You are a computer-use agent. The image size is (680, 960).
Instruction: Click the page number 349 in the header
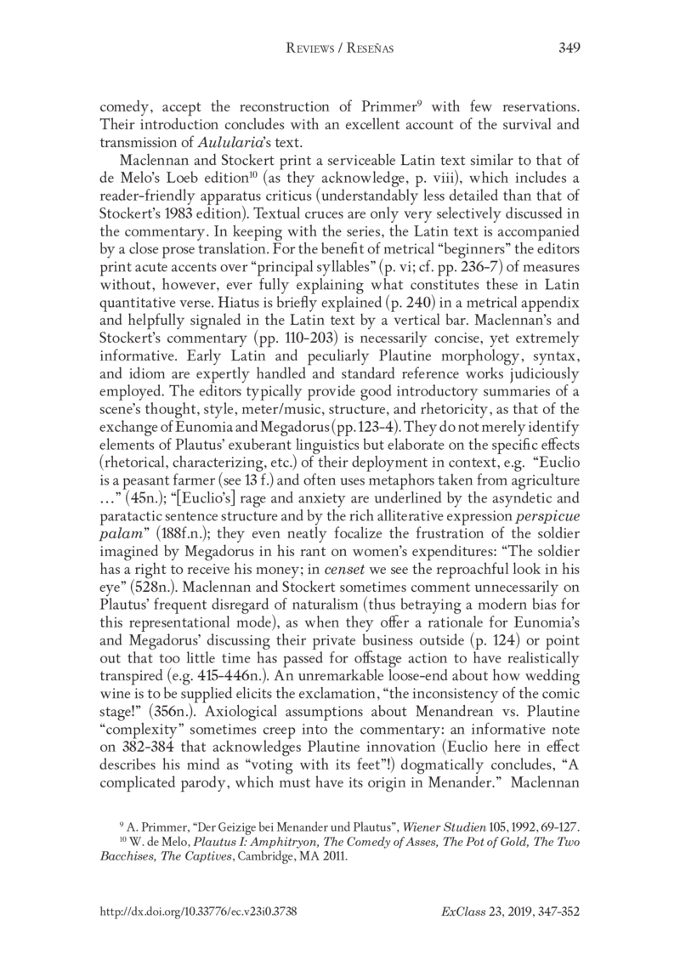[x=569, y=48]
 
